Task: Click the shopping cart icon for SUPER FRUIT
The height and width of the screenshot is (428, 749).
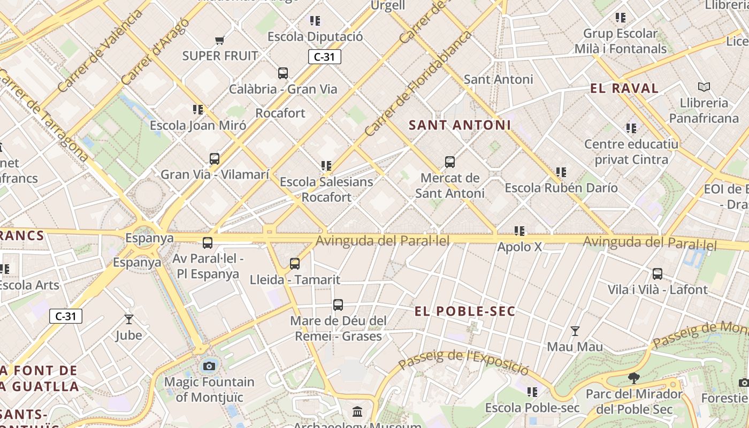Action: pyautogui.click(x=219, y=40)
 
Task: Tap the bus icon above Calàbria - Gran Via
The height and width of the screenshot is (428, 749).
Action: pyautogui.click(x=283, y=73)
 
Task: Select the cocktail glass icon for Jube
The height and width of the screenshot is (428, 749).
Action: pyautogui.click(x=129, y=319)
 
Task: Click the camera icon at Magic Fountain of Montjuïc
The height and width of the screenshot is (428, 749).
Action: pyautogui.click(x=209, y=366)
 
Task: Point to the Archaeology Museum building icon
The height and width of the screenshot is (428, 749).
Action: pyautogui.click(x=357, y=412)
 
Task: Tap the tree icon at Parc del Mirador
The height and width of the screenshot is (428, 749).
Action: pyautogui.click(x=634, y=378)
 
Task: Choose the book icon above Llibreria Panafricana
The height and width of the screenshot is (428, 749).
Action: pyautogui.click(x=704, y=87)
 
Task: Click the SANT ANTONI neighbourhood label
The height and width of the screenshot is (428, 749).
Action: pyautogui.click(x=460, y=125)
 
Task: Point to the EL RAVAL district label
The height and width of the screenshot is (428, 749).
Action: pyautogui.click(x=624, y=89)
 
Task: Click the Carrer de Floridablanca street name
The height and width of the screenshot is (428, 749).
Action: pyautogui.click(x=418, y=83)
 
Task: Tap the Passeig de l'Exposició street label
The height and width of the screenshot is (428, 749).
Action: pyautogui.click(x=464, y=361)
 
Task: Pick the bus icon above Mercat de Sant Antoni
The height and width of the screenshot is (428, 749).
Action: pyautogui.click(x=450, y=162)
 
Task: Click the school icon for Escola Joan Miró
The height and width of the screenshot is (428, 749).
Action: pyautogui.click(x=198, y=110)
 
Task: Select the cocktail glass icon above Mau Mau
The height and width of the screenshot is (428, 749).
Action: pyautogui.click(x=575, y=331)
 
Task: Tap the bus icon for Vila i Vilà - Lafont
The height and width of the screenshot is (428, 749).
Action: pyautogui.click(x=658, y=274)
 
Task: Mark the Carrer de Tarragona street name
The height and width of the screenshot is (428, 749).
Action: pyautogui.click(x=44, y=115)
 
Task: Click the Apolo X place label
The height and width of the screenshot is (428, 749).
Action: pyautogui.click(x=519, y=247)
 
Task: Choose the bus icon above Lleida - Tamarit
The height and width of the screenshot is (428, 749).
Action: pyautogui.click(x=295, y=263)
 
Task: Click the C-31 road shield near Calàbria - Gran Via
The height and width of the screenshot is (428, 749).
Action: pyautogui.click(x=324, y=57)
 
